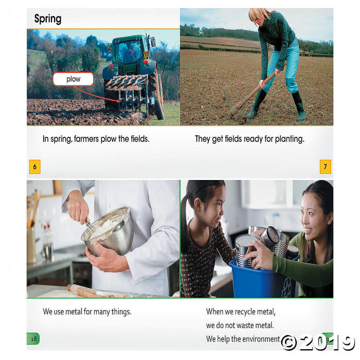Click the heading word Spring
tap(48, 19)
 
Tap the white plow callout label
tap(73, 79)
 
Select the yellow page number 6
tap(35, 167)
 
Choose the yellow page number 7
tap(326, 167)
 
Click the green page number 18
tap(33, 338)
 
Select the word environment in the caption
tap(261, 339)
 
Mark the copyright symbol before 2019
tap(289, 343)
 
